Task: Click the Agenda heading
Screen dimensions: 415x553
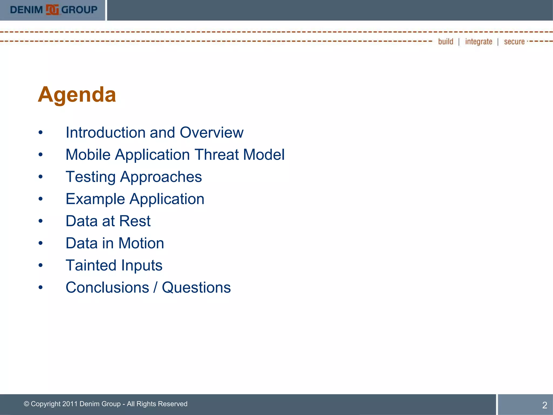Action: (x=77, y=95)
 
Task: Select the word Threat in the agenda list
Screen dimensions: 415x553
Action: (x=217, y=155)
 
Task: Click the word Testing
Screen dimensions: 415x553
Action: (x=91, y=177)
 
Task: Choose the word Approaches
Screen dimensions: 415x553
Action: (x=161, y=177)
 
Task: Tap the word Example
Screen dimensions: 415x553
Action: (x=95, y=199)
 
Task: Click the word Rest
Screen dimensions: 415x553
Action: (x=135, y=221)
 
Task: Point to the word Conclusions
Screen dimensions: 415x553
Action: (x=107, y=287)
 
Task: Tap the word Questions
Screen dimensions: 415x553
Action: (x=196, y=287)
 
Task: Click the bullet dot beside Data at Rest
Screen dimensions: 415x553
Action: (x=41, y=221)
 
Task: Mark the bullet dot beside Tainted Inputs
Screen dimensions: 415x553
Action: (x=41, y=265)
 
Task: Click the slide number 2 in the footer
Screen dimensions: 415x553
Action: (x=545, y=405)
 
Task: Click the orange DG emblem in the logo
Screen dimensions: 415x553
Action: (x=52, y=10)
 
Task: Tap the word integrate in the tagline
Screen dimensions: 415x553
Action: (x=478, y=42)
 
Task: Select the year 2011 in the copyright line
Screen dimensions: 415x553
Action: (x=70, y=404)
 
